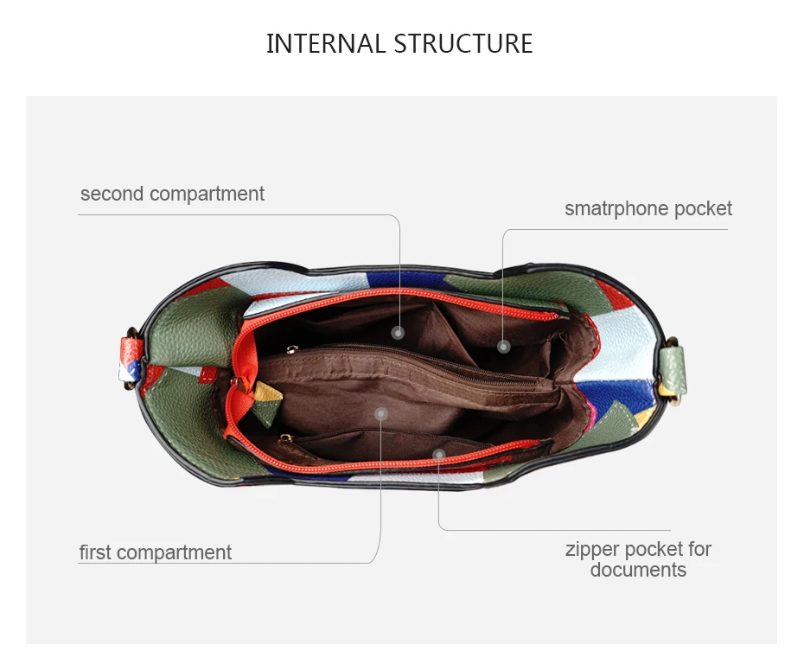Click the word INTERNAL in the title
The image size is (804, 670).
(326, 43)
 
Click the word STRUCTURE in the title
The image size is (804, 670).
(463, 43)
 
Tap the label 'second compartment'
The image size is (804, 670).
(172, 195)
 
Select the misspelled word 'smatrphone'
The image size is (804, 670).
(617, 209)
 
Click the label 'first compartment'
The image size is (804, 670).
(156, 552)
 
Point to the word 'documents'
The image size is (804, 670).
(638, 570)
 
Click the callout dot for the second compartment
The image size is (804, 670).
(398, 333)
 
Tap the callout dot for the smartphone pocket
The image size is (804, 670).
(503, 347)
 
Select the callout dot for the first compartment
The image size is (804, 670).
(381, 414)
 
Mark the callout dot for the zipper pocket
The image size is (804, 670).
(439, 455)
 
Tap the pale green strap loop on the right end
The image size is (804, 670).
(673, 370)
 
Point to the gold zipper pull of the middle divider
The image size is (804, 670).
(291, 350)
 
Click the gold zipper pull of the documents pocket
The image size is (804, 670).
(285, 439)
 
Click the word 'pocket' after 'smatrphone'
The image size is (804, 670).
(703, 209)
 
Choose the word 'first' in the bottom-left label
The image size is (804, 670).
(95, 552)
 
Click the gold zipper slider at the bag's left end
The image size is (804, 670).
(239, 383)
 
